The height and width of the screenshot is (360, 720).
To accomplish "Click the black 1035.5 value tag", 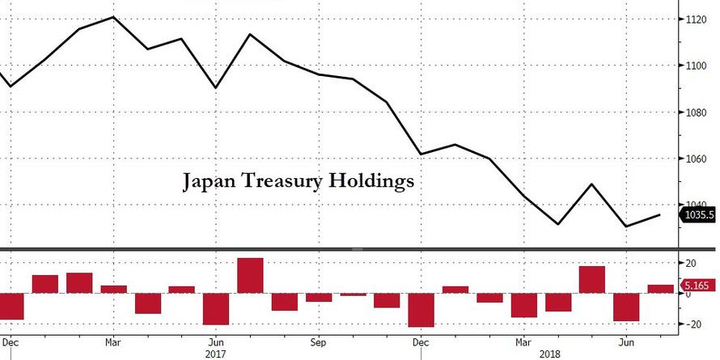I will click(x=699, y=216).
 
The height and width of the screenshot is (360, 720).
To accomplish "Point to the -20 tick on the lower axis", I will click(x=692, y=324).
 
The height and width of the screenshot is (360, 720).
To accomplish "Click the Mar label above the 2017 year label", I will click(x=113, y=341).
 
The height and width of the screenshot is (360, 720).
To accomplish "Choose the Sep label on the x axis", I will click(x=318, y=341).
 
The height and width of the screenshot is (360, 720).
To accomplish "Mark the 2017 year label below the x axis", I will click(x=215, y=354).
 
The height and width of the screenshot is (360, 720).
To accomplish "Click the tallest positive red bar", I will click(x=250, y=275).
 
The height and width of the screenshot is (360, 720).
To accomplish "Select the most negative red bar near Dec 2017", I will click(x=421, y=310).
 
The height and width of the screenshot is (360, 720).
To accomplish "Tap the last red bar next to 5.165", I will click(x=660, y=289).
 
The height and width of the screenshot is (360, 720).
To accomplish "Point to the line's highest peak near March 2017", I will click(x=113, y=17).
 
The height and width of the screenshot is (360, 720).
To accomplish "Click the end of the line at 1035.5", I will click(x=660, y=214).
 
